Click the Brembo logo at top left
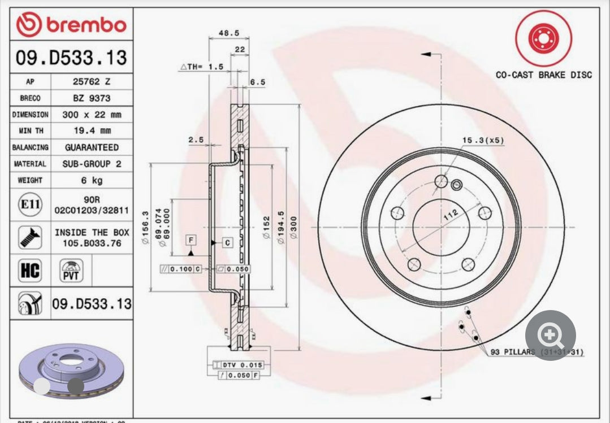(x=71, y=25)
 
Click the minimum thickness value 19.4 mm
(x=92, y=130)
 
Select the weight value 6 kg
(x=92, y=180)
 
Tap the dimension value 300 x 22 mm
(x=92, y=114)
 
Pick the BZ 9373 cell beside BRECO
(x=92, y=98)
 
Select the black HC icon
(x=30, y=271)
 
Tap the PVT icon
(x=71, y=271)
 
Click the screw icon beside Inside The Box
(x=29, y=238)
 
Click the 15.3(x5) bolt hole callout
(x=482, y=139)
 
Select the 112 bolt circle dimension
(x=452, y=214)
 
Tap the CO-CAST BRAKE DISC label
(x=543, y=75)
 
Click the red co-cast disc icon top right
(x=543, y=38)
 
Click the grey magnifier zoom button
(x=550, y=336)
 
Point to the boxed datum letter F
(x=191, y=241)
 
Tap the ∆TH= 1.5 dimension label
(x=202, y=66)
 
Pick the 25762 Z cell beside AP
(x=92, y=81)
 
